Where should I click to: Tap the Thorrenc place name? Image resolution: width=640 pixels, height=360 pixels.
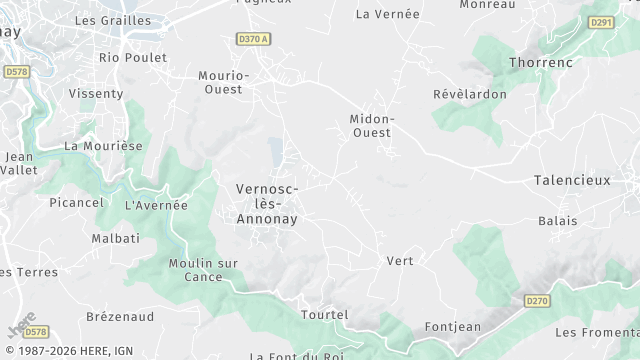click(541, 62)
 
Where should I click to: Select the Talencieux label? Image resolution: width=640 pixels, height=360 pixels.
click(572, 180)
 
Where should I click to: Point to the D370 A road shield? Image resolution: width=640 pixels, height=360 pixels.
click(254, 39)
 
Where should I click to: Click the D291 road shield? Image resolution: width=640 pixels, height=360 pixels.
click(601, 22)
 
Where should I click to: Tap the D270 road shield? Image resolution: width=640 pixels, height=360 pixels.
click(537, 299)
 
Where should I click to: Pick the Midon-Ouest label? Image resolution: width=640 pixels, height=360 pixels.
click(371, 125)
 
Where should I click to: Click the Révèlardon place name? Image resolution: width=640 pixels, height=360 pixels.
click(470, 94)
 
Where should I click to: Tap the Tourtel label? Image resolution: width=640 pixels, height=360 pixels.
click(324, 315)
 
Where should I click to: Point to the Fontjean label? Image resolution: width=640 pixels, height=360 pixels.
click(453, 326)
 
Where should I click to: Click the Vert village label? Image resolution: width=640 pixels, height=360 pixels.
click(400, 261)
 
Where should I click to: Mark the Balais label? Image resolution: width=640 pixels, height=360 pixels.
click(557, 220)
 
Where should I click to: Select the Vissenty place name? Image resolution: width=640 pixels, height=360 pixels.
click(96, 94)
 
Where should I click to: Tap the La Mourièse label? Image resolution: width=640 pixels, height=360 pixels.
click(103, 145)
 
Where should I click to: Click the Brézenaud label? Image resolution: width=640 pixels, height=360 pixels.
click(120, 316)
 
